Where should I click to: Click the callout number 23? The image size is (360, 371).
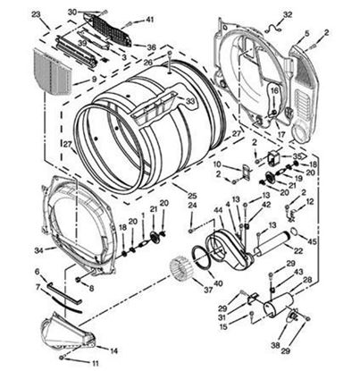(36, 15)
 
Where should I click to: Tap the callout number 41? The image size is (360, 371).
(150, 19)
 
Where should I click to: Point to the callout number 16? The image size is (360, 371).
(273, 90)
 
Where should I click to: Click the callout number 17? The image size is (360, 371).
(280, 135)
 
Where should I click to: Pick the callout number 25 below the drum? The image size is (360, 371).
(191, 195)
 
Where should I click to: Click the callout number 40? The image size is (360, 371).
(219, 283)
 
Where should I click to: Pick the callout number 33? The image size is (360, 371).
(190, 101)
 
